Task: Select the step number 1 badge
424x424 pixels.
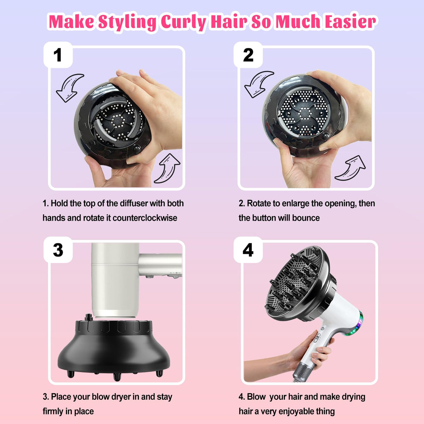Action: click(58, 55)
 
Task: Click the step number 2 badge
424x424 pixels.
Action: click(248, 55)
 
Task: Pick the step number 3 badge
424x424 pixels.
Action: click(58, 250)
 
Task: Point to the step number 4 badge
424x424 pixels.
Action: click(248, 250)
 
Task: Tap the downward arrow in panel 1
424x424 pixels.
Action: click(69, 88)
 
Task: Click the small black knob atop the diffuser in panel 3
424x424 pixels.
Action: click(88, 318)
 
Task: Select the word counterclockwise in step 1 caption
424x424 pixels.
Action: click(145, 218)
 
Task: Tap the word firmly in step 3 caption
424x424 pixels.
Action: click(53, 411)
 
